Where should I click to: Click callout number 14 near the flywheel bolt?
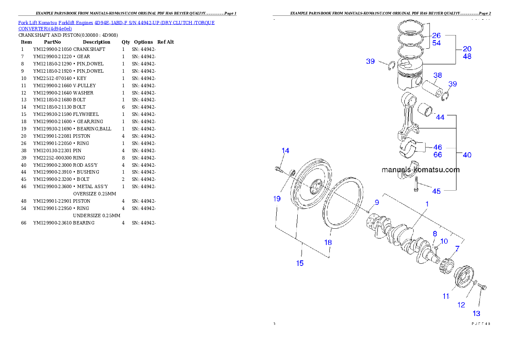285,150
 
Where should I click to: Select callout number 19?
277,198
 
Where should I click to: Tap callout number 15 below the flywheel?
300,263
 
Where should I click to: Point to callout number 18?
328,242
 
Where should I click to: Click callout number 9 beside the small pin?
377,202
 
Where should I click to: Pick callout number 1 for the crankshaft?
426,204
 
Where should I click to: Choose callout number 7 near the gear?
457,248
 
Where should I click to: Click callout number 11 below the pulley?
446,296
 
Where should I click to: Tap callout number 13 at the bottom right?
476,314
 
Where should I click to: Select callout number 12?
462,305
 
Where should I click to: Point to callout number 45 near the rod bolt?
436,191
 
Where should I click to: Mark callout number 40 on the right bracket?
467,155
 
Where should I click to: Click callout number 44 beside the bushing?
440,117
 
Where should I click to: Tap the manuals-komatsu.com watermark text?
420,170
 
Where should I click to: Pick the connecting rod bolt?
416,187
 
